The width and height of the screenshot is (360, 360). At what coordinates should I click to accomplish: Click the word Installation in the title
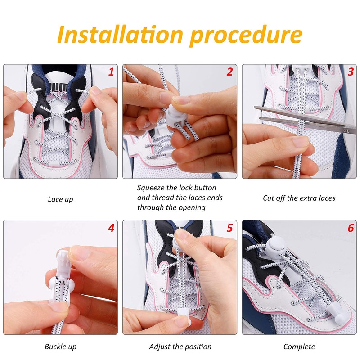click(120, 35)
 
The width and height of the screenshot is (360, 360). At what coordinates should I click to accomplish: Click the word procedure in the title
click(246, 36)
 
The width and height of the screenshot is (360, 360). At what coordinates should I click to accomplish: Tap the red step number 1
click(111, 72)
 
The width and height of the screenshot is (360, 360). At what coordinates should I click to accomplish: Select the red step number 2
click(230, 72)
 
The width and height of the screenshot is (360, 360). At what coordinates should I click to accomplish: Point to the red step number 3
click(351, 72)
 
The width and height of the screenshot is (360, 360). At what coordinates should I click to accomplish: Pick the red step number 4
click(111, 228)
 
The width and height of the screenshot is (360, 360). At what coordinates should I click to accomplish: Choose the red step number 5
click(230, 228)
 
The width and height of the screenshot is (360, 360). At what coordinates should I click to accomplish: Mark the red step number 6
click(351, 228)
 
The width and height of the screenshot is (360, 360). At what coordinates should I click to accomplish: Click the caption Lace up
click(60, 199)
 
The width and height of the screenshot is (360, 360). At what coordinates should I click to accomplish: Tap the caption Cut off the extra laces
click(299, 198)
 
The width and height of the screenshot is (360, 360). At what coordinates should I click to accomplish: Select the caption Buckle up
click(60, 346)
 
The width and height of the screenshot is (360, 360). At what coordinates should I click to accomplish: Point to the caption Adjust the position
click(180, 346)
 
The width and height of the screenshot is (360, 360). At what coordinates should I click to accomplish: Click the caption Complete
click(299, 346)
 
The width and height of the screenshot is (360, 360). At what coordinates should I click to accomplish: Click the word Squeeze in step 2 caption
click(151, 188)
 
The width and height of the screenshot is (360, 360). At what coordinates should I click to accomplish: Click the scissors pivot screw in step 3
click(347, 131)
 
